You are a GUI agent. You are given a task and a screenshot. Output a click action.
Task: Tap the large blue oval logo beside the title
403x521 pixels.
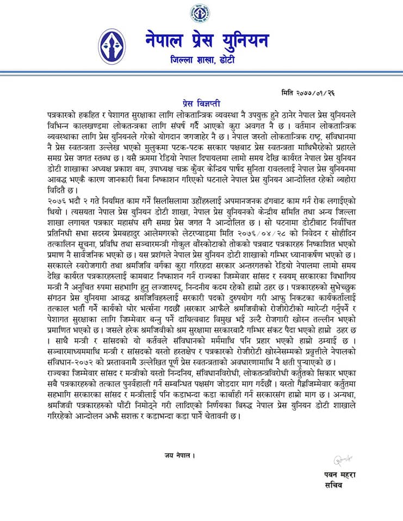click(x=112, y=47)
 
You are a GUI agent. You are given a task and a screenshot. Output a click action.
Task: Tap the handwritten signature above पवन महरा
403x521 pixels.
click(x=340, y=462)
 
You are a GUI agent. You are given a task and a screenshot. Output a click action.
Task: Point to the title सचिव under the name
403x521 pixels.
click(x=336, y=485)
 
